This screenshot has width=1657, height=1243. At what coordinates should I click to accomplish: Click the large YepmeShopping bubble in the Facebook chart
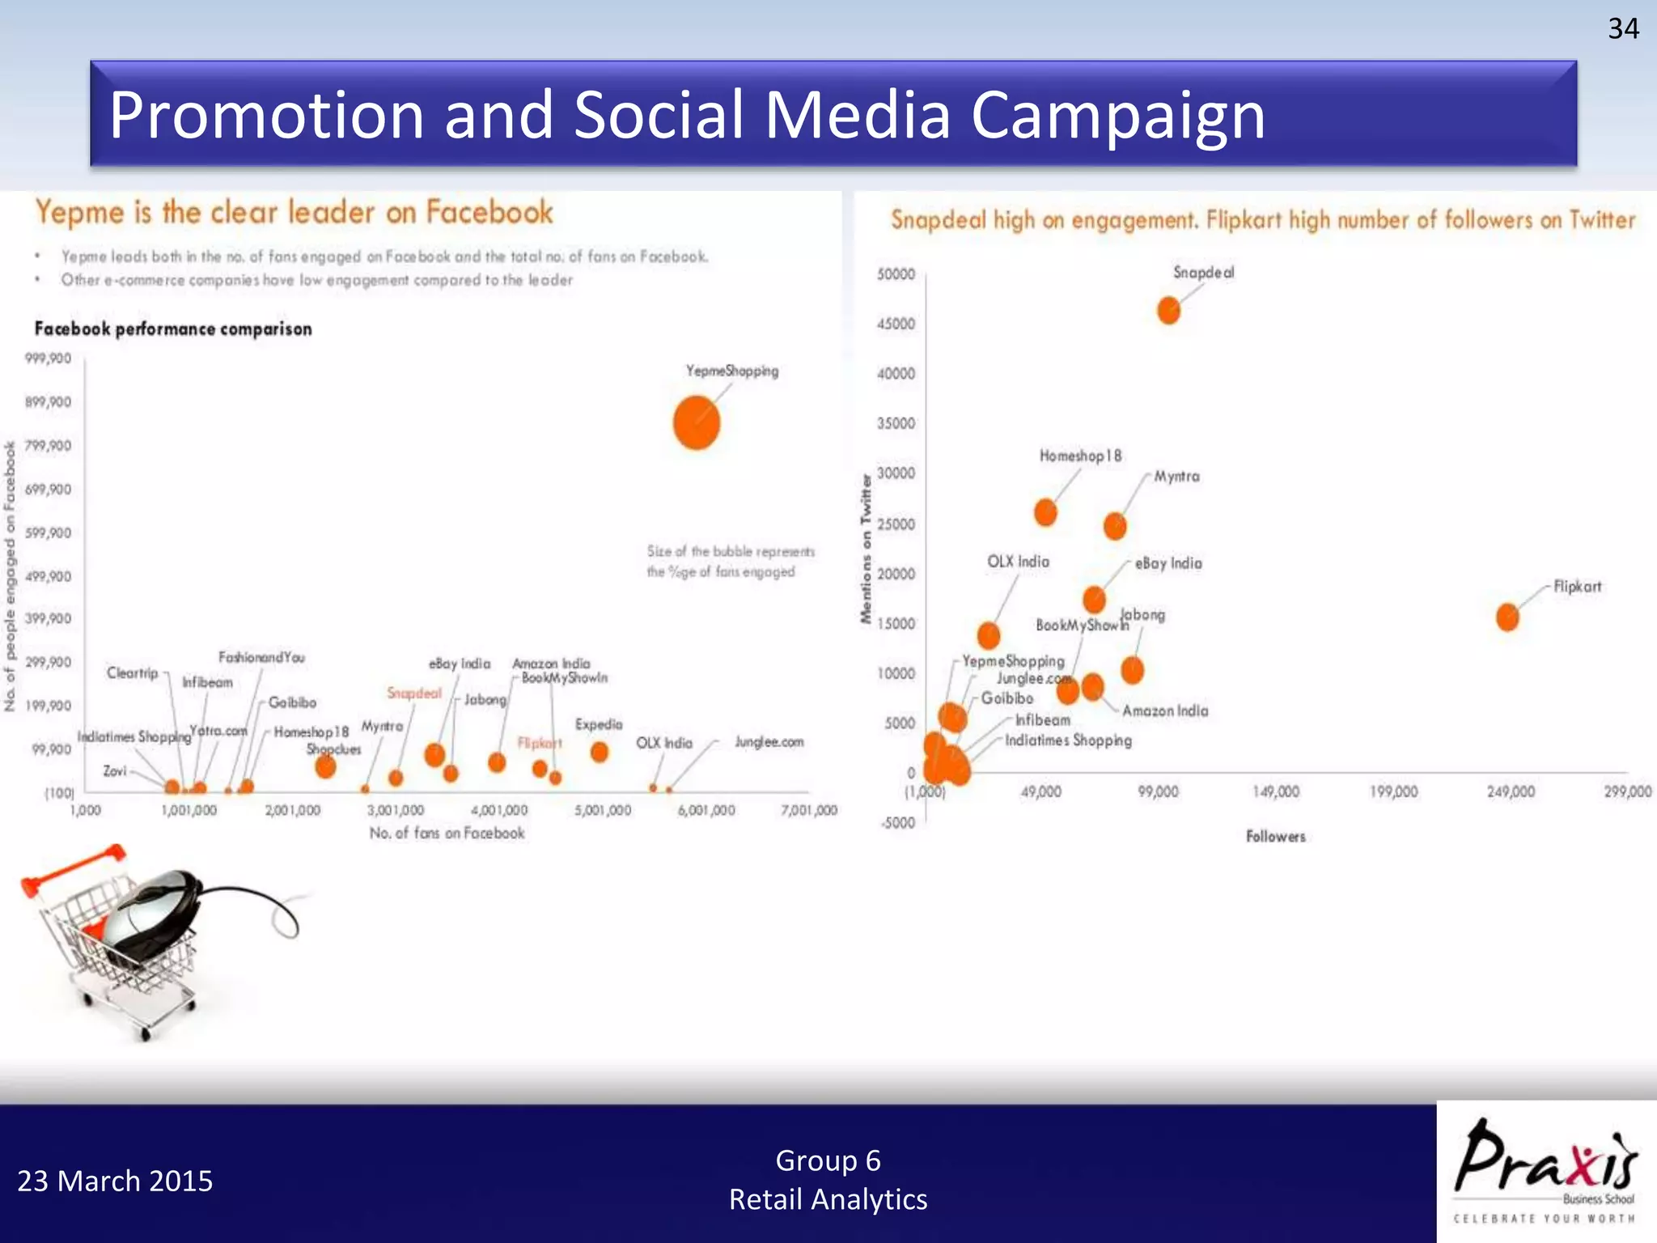pos(697,422)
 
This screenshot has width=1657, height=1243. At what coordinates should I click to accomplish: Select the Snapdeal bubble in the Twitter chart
pos(1168,310)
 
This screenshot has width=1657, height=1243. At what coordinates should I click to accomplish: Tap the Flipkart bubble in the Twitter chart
pos(1507,617)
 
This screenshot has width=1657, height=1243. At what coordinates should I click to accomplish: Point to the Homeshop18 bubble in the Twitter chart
pos(1045,512)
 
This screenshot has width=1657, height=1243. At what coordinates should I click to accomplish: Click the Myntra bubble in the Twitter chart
pos(1115,526)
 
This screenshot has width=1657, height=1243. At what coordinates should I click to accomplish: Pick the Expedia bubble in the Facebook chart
pos(599,752)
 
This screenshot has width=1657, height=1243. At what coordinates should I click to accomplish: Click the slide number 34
pos(1623,29)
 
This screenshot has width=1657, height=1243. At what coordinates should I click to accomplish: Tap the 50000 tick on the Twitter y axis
pos(896,274)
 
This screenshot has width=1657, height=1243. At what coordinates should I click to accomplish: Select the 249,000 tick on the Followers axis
pos(1510,791)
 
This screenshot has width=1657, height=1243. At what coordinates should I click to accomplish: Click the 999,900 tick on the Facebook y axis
pos(49,358)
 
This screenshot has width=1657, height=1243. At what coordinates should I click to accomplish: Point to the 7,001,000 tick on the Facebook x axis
pos(809,810)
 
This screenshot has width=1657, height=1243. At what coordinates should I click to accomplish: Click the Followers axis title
pos(1276,837)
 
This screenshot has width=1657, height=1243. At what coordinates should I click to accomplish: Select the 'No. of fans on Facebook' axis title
pos(447,834)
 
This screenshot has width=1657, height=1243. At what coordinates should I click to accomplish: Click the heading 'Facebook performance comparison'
pos(173,329)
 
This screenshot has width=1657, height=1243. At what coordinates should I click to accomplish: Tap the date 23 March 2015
pos(115,1181)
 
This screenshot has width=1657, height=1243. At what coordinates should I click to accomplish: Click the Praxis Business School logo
pos(1546,1170)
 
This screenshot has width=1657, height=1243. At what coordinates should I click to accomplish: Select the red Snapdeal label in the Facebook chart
pos(414,694)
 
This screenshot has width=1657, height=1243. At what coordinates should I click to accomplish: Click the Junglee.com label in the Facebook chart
pos(769,742)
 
